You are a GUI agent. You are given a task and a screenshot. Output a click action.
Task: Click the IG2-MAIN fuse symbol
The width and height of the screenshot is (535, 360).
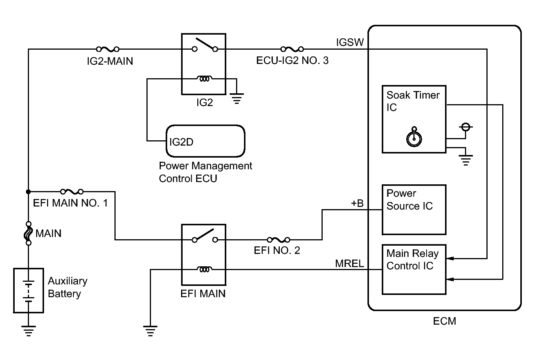107,49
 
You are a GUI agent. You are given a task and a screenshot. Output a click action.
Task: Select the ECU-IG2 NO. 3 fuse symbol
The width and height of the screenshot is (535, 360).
292,49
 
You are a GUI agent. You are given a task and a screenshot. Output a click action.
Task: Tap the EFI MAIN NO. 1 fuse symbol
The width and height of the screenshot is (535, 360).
72,191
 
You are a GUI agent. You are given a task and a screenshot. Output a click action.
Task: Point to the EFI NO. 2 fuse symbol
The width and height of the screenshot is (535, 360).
279,239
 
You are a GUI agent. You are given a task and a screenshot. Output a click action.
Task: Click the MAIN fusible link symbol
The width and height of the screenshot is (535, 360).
28,233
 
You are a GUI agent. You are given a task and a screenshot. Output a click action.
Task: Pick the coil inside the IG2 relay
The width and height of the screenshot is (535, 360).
204,79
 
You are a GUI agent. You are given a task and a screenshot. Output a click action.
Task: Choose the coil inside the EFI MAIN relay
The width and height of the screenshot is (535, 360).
204,269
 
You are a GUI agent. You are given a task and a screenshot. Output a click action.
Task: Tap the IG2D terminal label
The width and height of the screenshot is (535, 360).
181,142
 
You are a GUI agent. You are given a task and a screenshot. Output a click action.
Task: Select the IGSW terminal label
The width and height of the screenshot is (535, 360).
350,42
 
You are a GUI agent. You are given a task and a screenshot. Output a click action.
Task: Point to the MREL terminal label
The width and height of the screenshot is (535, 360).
349,264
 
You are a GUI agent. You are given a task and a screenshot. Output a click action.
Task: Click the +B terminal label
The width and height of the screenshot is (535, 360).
357,203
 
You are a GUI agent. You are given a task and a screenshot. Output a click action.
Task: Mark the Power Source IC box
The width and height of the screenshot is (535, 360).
414,210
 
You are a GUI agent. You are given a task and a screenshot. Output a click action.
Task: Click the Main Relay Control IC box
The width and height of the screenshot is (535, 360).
414,270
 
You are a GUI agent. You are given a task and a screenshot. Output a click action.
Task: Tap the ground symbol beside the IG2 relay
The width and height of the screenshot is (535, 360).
237,99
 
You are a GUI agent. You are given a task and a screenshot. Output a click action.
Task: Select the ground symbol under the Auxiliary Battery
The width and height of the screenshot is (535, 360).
28,331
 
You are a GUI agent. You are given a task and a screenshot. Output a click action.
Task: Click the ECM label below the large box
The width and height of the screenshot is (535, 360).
445,321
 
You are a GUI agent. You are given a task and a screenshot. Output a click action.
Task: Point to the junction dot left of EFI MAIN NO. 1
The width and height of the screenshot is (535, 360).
28,191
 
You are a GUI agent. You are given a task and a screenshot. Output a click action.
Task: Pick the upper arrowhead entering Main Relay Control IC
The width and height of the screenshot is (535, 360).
450,258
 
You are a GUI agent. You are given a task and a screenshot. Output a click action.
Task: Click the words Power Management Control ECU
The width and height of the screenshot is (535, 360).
206,172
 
